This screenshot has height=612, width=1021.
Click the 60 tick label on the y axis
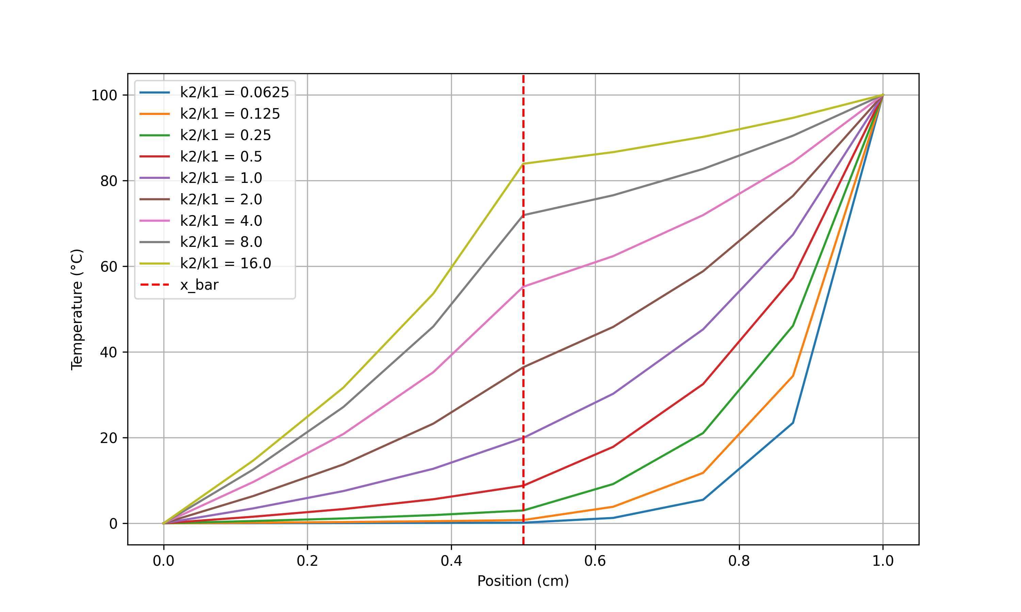pyautogui.click(x=109, y=267)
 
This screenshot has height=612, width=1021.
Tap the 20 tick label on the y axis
pyautogui.click(x=109, y=438)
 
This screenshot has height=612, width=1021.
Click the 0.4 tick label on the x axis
pyautogui.click(x=451, y=561)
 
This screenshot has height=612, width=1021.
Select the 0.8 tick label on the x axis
pyautogui.click(x=739, y=561)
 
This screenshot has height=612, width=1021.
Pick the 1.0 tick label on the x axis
pyautogui.click(x=883, y=561)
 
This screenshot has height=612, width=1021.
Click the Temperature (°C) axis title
pyautogui.click(x=77, y=309)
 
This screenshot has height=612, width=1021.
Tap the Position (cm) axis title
pyautogui.click(x=523, y=581)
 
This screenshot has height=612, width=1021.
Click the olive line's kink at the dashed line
pyautogui.click(x=523, y=164)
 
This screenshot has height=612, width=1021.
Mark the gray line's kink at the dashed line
pyautogui.click(x=523, y=215)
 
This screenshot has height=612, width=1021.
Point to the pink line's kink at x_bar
pyautogui.click(x=523, y=287)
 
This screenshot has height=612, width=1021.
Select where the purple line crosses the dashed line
pyautogui.click(x=523, y=438)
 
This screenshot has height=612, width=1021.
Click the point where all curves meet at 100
pyautogui.click(x=883, y=95)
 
